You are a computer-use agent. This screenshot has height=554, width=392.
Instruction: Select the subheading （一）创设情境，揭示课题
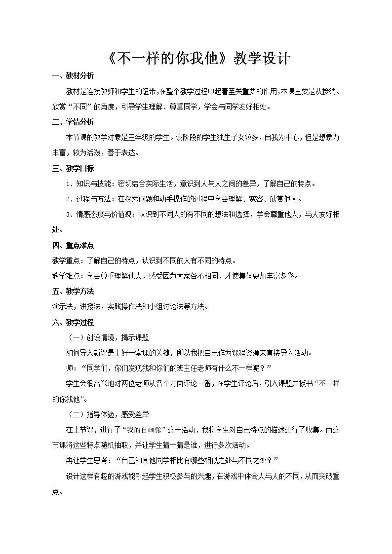coord(107,337)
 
